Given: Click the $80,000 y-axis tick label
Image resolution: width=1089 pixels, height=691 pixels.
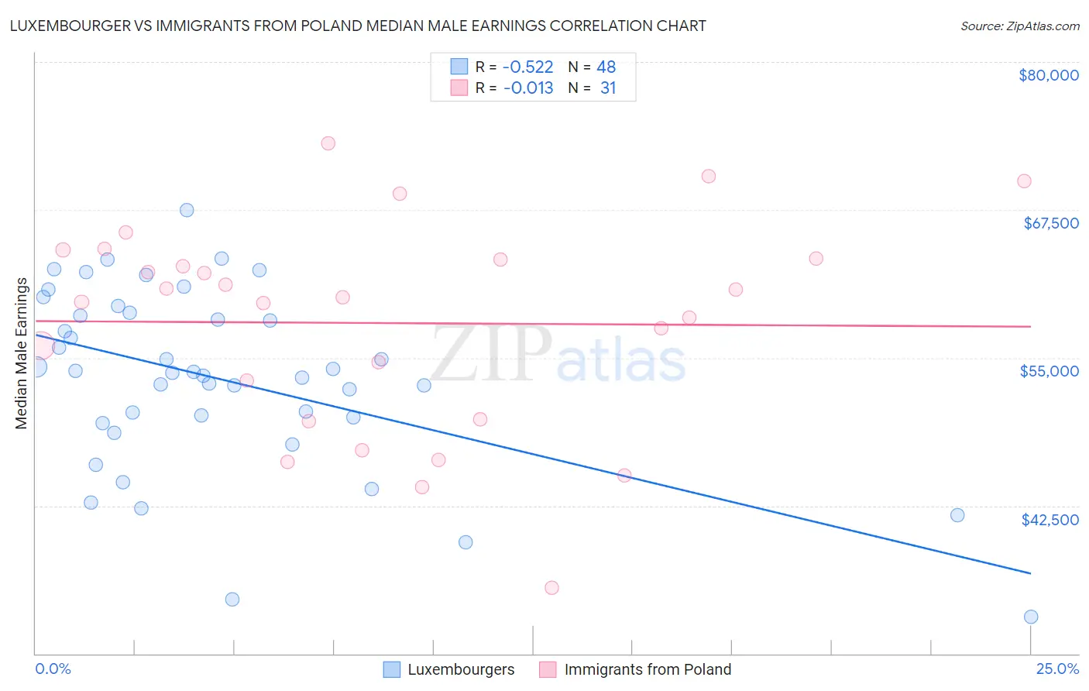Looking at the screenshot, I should click(x=1048, y=75).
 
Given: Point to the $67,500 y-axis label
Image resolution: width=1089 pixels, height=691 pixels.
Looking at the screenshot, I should click(x=1050, y=223).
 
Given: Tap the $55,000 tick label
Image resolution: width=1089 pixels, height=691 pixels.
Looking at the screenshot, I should click(x=1049, y=371).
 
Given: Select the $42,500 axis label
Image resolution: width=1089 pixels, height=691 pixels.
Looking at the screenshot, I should click(x=1049, y=520).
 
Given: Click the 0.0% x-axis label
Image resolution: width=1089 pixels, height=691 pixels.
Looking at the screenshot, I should click(x=53, y=669).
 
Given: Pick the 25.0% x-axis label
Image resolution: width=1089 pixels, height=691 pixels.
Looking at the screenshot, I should click(x=1057, y=669).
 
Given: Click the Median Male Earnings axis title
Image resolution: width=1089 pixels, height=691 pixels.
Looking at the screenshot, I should click(x=22, y=353).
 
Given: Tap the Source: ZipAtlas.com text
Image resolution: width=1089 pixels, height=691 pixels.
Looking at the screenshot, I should click(x=1019, y=26).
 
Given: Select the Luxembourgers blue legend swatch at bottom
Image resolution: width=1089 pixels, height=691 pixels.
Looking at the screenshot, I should click(x=392, y=669).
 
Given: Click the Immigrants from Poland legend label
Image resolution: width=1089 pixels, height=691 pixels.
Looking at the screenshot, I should click(x=648, y=669).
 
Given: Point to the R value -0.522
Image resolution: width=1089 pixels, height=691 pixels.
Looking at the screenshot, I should click(x=528, y=67).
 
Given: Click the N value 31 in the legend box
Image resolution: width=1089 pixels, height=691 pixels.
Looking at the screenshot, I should click(x=608, y=88).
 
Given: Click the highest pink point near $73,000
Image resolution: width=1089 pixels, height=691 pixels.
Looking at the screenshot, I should click(x=328, y=143).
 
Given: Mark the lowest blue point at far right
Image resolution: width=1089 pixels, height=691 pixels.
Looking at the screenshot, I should click(x=1030, y=617).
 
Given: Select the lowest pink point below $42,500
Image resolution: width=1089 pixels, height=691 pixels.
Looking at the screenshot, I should click(x=551, y=588).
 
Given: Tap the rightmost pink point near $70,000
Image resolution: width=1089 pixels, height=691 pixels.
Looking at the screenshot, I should click(x=1024, y=181).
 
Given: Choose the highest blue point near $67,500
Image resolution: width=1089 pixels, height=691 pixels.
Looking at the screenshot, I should click(x=187, y=210).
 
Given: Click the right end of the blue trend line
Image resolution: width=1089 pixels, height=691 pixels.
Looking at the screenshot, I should click(x=1030, y=573).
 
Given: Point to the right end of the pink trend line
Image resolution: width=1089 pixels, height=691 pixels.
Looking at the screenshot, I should click(x=1030, y=327).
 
